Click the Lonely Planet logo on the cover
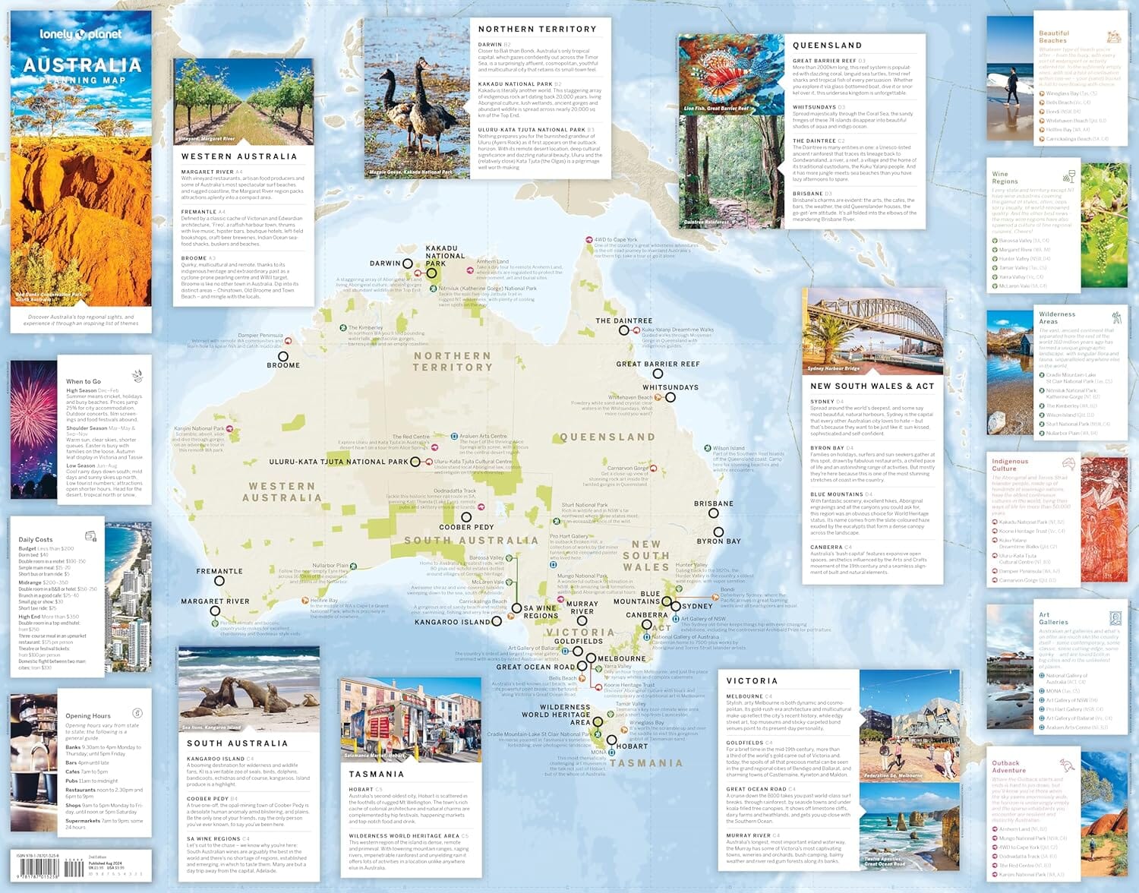[80, 34]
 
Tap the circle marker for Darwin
[408, 263]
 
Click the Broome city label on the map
[283, 365]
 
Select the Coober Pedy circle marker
[466, 516]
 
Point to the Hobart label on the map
[632, 746]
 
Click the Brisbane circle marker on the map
[714, 513]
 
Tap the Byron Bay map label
[718, 541]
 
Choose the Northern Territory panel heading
[537, 29]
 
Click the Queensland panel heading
[827, 46]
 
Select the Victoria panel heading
[752, 681]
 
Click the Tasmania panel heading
[376, 774]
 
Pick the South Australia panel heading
[237, 743]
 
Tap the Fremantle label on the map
[219, 571]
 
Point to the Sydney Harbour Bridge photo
[872, 331]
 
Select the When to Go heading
[84, 381]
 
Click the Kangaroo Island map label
[453, 622]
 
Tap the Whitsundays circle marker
[670, 397]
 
